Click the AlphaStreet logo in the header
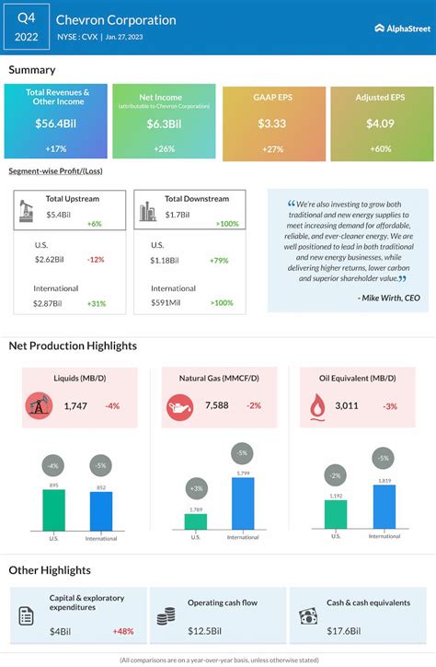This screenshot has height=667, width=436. (x=402, y=28)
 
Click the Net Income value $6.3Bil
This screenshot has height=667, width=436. (x=163, y=123)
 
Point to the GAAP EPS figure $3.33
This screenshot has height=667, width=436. (x=272, y=123)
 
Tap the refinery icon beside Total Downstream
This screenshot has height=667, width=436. (x=146, y=212)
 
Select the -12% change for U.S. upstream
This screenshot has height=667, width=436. (x=95, y=260)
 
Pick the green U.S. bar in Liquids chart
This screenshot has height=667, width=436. (x=54, y=509)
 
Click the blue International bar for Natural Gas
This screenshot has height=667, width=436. (x=243, y=502)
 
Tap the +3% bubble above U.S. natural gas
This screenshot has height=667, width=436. (x=195, y=486)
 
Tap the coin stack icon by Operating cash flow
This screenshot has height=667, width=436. (x=166, y=617)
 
